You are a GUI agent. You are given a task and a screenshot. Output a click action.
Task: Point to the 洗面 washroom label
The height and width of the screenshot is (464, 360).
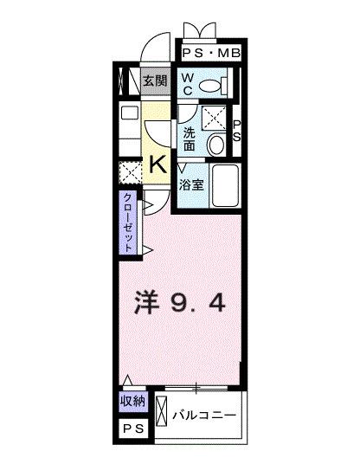pyautogui.click(x=190, y=137)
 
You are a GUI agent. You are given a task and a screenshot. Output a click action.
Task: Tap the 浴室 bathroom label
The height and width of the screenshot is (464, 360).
pyautogui.click(x=192, y=184)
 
